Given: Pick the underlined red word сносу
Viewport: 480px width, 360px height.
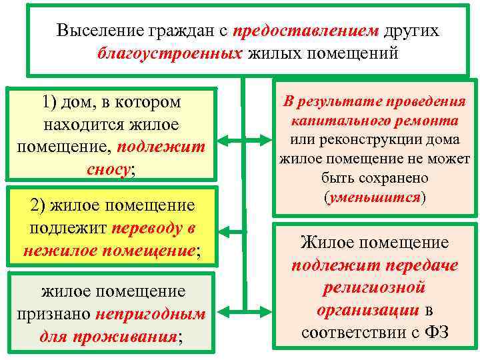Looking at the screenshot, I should (109, 169).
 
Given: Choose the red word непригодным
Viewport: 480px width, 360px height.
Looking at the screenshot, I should (151, 314).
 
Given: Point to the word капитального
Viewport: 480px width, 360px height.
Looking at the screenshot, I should (331, 122).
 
